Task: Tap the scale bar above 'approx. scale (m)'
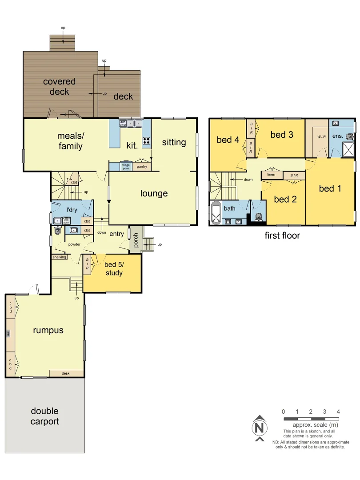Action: pyautogui.click(x=311, y=419)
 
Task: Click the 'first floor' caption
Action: pyautogui.click(x=282, y=236)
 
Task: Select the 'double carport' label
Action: pyautogui.click(x=44, y=416)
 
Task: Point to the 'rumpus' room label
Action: pyautogui.click(x=48, y=330)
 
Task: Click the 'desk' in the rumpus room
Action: pyautogui.click(x=66, y=373)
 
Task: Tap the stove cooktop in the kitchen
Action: pyautogui.click(x=146, y=142)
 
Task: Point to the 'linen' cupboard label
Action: pyautogui.click(x=271, y=175)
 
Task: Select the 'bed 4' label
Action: pyautogui.click(x=228, y=140)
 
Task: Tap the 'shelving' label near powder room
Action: pyautogui.click(x=59, y=257)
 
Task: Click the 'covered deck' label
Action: pyautogui.click(x=60, y=87)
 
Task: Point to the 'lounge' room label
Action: pyautogui.click(x=154, y=193)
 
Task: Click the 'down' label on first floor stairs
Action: pyautogui.click(x=248, y=180)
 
